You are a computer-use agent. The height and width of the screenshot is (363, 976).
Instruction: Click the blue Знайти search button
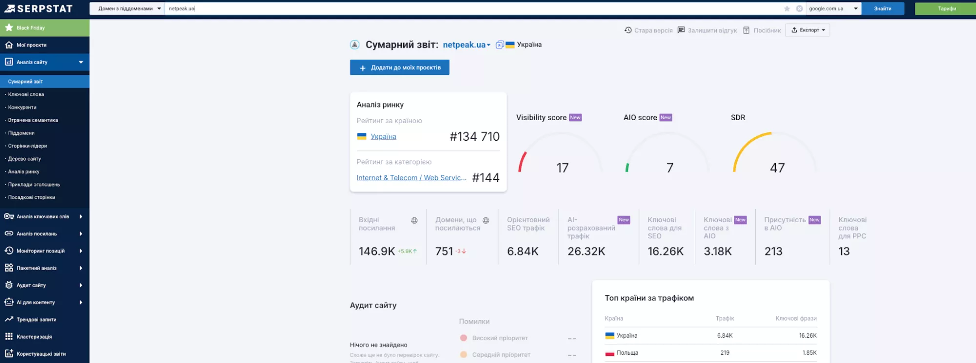882,8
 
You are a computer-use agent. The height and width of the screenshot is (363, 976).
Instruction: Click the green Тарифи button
946,8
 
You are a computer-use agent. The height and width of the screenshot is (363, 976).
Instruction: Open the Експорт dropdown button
808,30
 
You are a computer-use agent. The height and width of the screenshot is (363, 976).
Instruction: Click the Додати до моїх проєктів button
399,67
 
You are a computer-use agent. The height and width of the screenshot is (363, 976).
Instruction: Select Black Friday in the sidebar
30,28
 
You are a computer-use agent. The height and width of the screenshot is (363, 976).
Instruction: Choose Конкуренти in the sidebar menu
22,107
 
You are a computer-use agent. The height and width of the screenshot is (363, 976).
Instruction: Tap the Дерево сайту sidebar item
24,159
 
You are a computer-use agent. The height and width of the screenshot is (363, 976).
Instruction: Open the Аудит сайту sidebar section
31,285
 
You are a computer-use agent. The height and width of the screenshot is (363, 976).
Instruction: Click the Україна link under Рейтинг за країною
383,137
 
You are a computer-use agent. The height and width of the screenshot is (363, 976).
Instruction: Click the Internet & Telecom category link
411,178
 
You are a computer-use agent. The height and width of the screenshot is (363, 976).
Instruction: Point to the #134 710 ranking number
474,137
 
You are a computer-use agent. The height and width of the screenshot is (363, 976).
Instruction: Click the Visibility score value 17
562,168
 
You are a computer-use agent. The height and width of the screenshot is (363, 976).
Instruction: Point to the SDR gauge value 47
777,168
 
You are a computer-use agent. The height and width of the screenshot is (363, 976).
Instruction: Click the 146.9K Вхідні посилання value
376,252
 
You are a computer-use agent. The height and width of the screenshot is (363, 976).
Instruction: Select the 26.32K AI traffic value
586,252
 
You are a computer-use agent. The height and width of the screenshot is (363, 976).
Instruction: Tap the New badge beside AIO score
665,118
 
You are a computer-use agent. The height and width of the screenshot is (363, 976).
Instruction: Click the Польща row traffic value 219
725,353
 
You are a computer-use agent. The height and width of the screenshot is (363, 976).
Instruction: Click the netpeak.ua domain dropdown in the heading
466,45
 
